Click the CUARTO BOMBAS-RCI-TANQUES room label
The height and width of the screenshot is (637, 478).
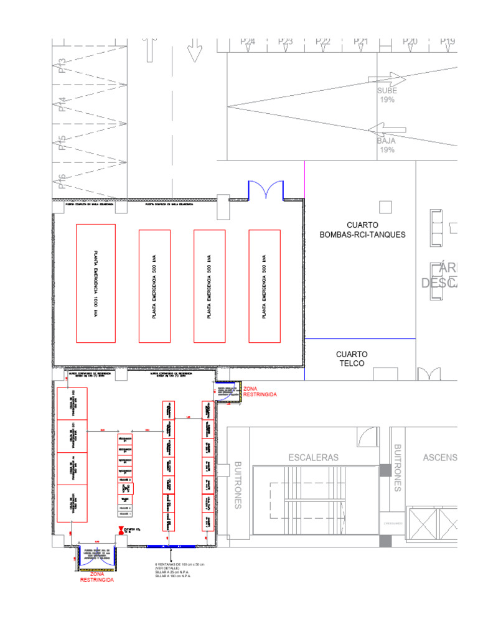(362, 230)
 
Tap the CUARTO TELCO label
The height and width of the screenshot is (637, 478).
(352, 358)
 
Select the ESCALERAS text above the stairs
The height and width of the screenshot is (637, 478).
(314, 458)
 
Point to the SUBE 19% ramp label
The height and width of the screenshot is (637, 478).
(387, 95)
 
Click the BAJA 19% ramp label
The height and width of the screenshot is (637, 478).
(387, 146)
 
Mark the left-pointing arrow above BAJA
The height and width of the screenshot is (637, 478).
(387, 129)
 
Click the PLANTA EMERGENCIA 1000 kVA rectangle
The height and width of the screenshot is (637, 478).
(95, 283)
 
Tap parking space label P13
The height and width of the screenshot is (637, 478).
(62, 66)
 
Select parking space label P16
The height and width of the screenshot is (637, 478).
(62, 181)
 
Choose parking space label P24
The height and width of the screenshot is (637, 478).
(248, 42)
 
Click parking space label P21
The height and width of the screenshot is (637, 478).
(361, 42)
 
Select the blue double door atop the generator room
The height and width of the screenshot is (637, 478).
(266, 190)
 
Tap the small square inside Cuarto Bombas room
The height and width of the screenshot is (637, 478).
(386, 207)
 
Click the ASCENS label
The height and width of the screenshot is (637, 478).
(439, 458)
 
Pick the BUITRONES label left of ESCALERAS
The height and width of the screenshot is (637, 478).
(238, 485)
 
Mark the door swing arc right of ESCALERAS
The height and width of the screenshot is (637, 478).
(372, 437)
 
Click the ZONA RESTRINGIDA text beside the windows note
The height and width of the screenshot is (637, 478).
(96, 576)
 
